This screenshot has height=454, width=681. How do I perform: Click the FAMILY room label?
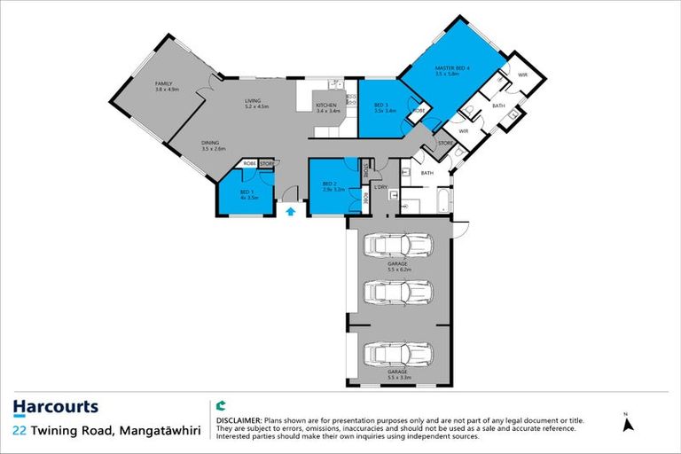(166, 86)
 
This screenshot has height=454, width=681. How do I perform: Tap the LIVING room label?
(254, 104)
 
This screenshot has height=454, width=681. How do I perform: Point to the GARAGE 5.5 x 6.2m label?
(396, 266)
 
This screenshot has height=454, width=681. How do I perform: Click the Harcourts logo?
(55, 408)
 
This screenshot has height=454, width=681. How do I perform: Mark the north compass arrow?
(629, 423)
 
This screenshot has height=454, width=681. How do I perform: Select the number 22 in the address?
(19, 431)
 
